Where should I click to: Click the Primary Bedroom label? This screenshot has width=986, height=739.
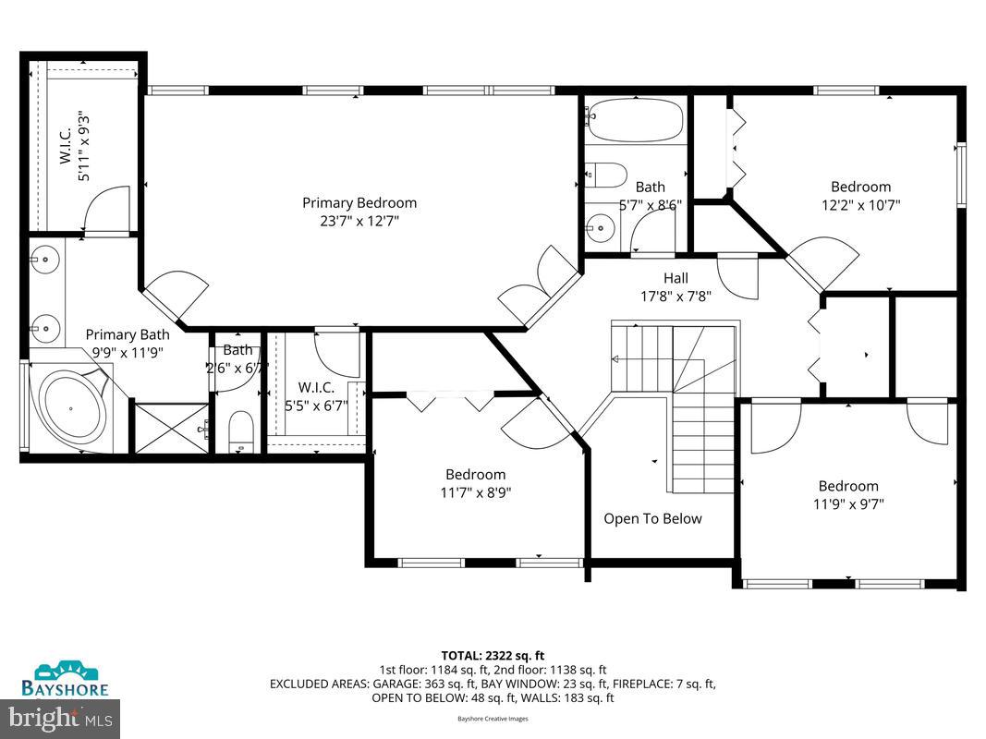pos(359,202)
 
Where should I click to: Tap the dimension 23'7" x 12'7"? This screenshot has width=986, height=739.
pos(359,221)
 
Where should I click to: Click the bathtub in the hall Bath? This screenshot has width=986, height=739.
pos(635,120)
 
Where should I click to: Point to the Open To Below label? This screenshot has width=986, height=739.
pos(652,518)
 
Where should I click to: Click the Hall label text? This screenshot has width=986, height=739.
pos(676,277)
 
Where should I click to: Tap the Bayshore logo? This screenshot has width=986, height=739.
pos(66,679)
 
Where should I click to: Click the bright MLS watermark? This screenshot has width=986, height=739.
pos(61,716)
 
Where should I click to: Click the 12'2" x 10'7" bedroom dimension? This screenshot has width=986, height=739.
pos(860,205)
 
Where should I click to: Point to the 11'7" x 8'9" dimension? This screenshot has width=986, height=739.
pos(475,492)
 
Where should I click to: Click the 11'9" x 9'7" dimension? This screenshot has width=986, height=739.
pos(848,504)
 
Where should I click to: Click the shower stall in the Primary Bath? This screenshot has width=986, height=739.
pos(172,428)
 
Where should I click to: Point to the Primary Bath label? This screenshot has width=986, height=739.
pos(128,334)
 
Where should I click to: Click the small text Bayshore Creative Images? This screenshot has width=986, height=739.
pos(492,718)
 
